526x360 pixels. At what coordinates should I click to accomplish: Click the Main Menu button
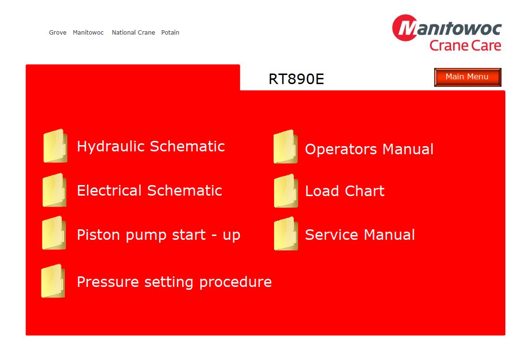467,77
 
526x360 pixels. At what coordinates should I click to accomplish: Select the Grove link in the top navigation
58,33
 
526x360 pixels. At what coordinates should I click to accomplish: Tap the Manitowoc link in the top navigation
88,33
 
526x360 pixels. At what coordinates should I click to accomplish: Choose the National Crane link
134,33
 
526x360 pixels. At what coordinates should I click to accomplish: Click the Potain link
170,33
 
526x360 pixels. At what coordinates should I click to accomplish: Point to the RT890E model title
296,79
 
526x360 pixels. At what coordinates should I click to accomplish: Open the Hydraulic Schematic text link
151,147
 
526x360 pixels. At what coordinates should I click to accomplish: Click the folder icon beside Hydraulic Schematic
55,146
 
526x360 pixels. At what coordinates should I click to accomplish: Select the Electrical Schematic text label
150,191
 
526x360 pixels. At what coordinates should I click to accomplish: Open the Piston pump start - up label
159,236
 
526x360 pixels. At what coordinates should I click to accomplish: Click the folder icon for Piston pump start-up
54,233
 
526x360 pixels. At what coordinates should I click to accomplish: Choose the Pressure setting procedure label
175,282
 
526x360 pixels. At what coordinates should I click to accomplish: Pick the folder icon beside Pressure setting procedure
53,281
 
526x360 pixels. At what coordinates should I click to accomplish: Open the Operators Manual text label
369,149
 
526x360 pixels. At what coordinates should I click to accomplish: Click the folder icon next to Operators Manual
286,147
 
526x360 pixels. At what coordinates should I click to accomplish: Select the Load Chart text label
345,191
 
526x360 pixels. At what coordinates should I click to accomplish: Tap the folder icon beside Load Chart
286,191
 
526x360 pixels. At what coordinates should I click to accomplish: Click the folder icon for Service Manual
286,234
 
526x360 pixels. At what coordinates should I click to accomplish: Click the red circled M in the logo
405,28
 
